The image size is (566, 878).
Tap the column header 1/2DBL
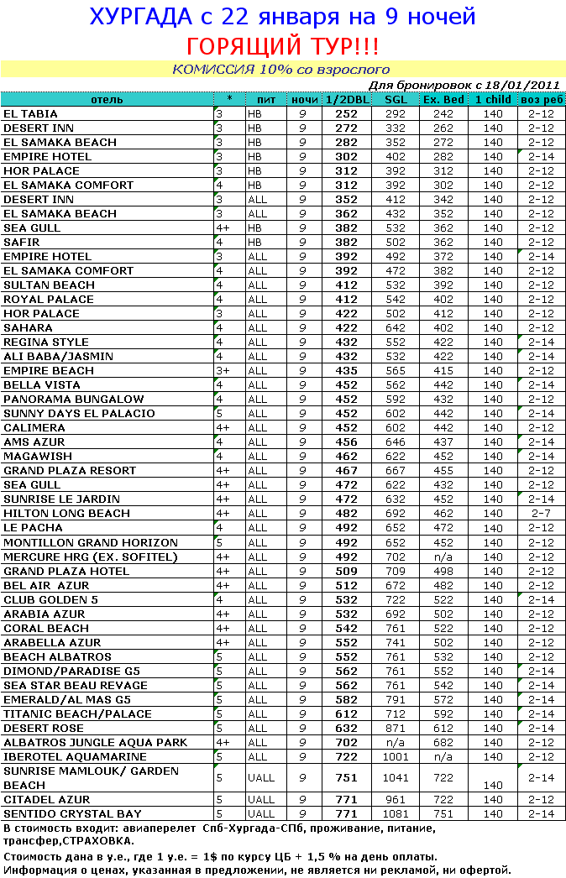click(x=346, y=100)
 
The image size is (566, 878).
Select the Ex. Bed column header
click(x=443, y=100)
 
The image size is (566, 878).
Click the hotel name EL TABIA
click(x=31, y=114)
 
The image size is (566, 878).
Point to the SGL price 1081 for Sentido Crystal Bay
click(x=396, y=813)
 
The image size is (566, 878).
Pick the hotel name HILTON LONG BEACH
click(x=67, y=514)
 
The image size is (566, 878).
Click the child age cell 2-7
click(x=541, y=514)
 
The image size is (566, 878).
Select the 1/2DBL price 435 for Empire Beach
click(x=346, y=371)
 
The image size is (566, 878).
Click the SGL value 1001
click(x=396, y=756)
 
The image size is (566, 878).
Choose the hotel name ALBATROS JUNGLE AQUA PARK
click(x=96, y=742)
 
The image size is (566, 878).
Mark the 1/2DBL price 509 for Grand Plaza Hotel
click(x=346, y=571)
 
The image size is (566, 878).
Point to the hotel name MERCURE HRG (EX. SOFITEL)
click(x=91, y=557)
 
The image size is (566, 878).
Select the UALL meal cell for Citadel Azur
click(x=261, y=799)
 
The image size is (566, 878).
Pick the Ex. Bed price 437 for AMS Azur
click(x=443, y=442)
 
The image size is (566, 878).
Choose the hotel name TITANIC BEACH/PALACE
click(x=78, y=713)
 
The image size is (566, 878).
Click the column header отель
click(x=107, y=100)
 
